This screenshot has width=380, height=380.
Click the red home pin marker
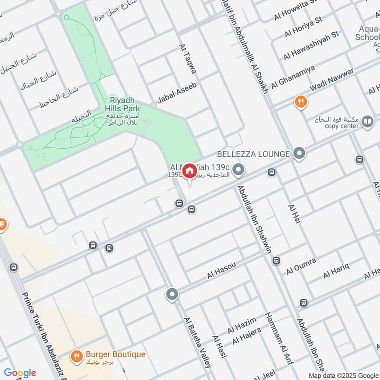(189, 171)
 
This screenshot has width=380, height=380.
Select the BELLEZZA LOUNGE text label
(253, 154)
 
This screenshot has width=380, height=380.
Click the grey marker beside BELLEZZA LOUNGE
(299, 153)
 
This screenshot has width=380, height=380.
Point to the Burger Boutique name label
(115, 354)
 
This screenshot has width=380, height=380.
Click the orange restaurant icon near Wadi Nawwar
(300, 101)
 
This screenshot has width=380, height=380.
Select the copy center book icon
(367, 122)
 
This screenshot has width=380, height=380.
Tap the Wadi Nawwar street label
(331, 82)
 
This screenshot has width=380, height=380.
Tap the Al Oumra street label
(301, 267)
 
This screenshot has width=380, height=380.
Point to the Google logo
(19, 372)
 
